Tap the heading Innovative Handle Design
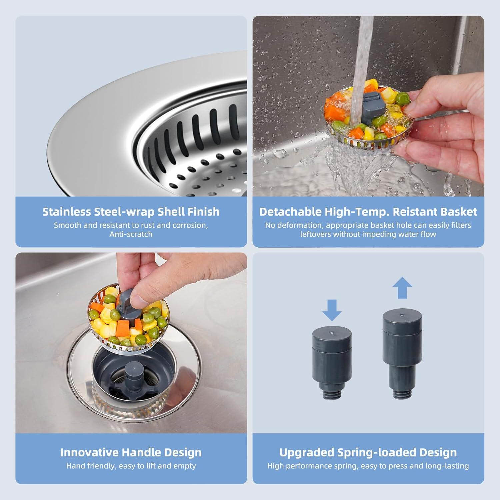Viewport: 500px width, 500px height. pyautogui.click(x=131, y=452)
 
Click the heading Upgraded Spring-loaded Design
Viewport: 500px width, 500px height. pyautogui.click(x=368, y=452)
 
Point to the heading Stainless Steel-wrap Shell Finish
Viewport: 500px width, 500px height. pyautogui.click(x=131, y=212)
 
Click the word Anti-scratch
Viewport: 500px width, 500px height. pyautogui.click(x=131, y=234)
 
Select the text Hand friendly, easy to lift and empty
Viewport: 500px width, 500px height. pyautogui.click(x=131, y=466)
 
